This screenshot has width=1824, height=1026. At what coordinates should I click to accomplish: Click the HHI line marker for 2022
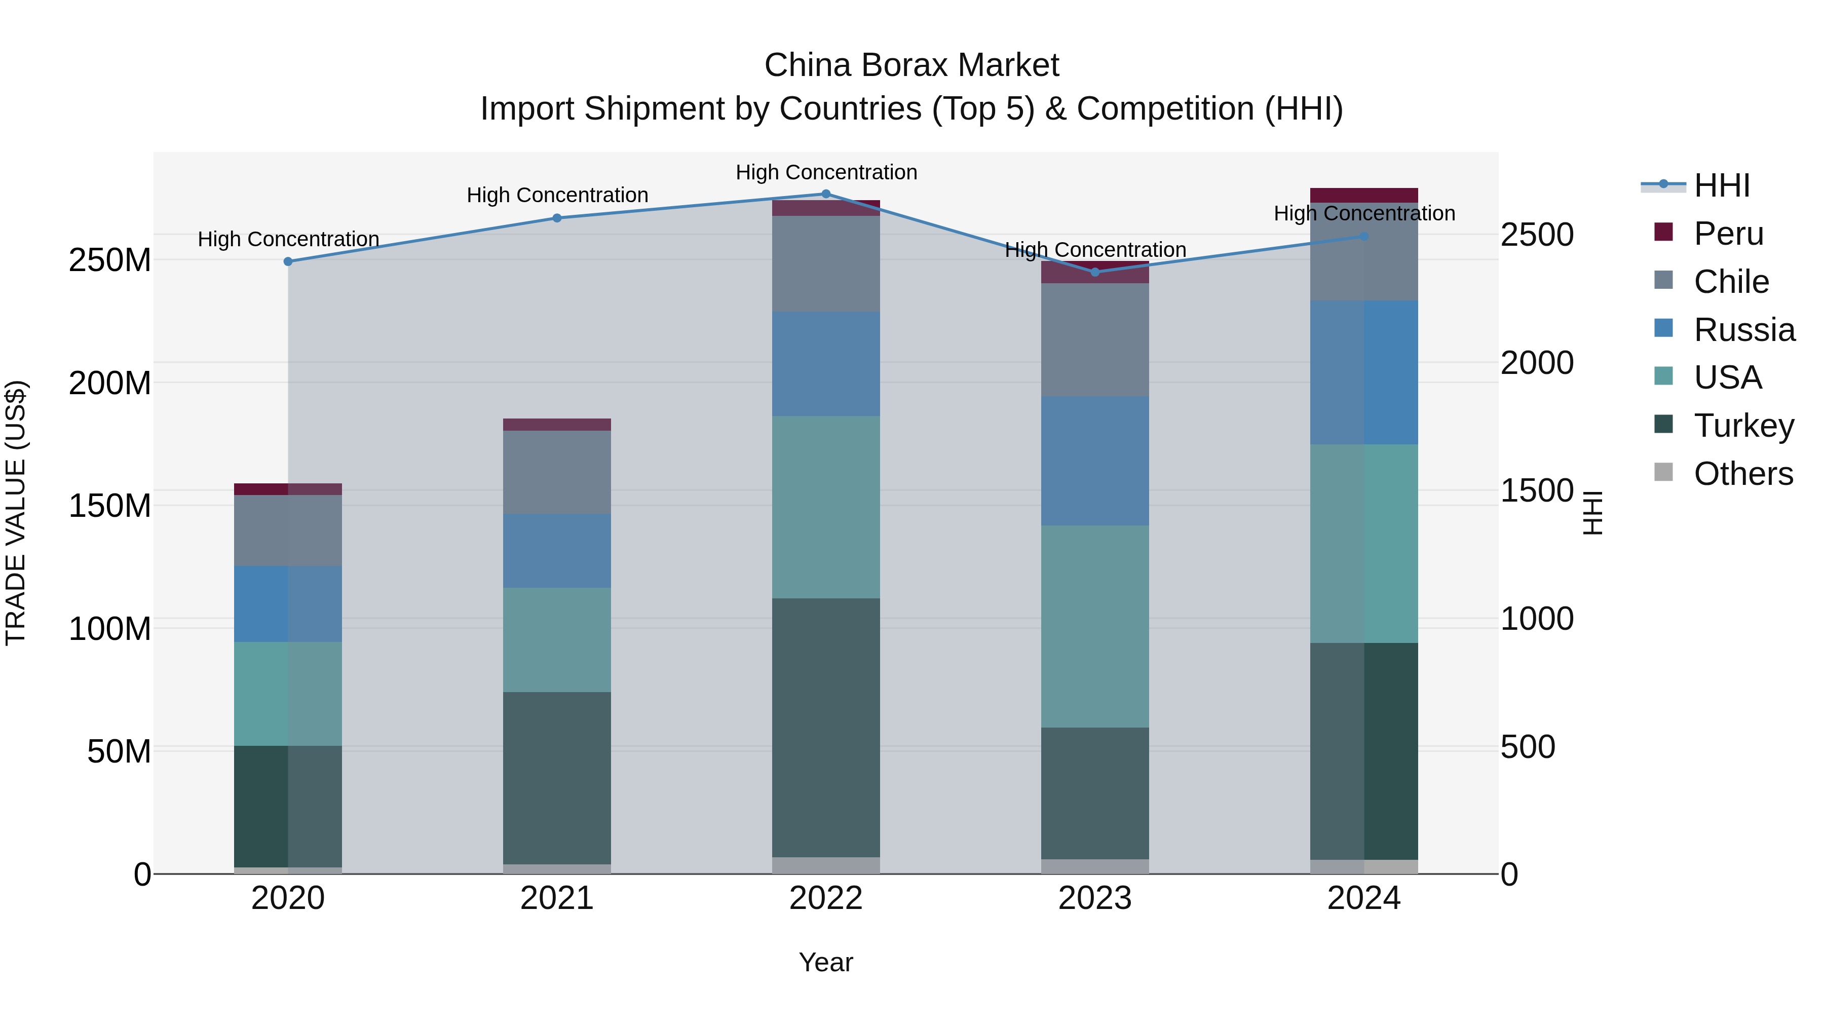tap(826, 194)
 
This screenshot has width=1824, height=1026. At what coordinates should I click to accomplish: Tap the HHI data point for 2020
tap(288, 261)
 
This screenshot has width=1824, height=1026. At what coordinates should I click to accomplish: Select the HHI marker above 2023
tap(1095, 272)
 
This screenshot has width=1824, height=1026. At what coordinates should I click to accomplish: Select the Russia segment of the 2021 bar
tap(556, 550)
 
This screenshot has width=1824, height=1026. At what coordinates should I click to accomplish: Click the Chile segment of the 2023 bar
tap(1095, 340)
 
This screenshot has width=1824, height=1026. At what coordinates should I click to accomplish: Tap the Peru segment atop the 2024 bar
tap(1364, 196)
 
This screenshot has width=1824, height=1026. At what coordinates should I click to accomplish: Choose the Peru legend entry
tap(1728, 234)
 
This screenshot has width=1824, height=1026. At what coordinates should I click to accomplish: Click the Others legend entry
tap(1742, 474)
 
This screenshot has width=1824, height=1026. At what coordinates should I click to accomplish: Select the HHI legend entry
tap(1721, 185)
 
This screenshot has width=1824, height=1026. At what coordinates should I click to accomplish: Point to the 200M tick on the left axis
tap(110, 383)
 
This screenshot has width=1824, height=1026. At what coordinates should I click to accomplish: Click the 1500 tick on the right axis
tap(1537, 490)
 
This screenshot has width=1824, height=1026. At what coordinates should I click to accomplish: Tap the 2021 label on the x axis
tap(556, 898)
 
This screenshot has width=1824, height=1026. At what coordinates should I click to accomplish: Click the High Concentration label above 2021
tap(557, 195)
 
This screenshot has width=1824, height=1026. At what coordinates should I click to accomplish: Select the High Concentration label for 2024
tap(1364, 213)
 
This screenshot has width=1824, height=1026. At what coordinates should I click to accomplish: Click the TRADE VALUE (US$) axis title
tap(16, 513)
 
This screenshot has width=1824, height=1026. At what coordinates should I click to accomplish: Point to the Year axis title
tap(826, 962)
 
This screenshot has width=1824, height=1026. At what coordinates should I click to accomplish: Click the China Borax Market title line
tap(911, 65)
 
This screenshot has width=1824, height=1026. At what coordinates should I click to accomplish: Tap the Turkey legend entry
tap(1743, 426)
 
